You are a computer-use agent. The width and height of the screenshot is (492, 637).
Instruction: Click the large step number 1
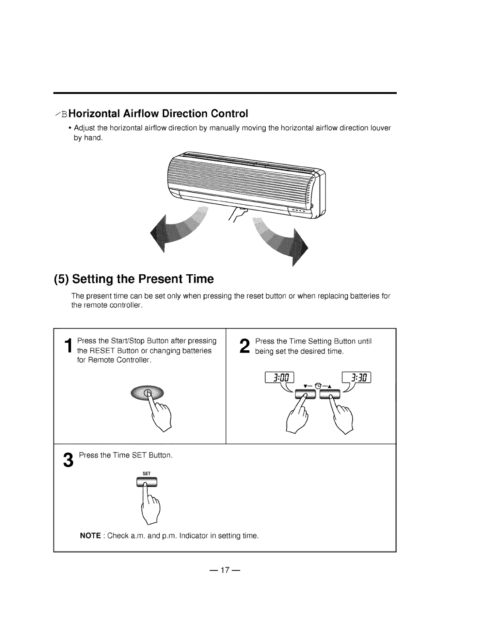click(x=69, y=349)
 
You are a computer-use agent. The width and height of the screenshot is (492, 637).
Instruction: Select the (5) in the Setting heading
click(x=62, y=279)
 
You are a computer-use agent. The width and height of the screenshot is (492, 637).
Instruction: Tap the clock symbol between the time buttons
click(x=318, y=386)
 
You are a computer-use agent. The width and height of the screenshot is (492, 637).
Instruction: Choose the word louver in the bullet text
click(x=380, y=128)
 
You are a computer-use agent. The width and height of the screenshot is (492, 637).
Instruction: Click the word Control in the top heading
click(x=228, y=114)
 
